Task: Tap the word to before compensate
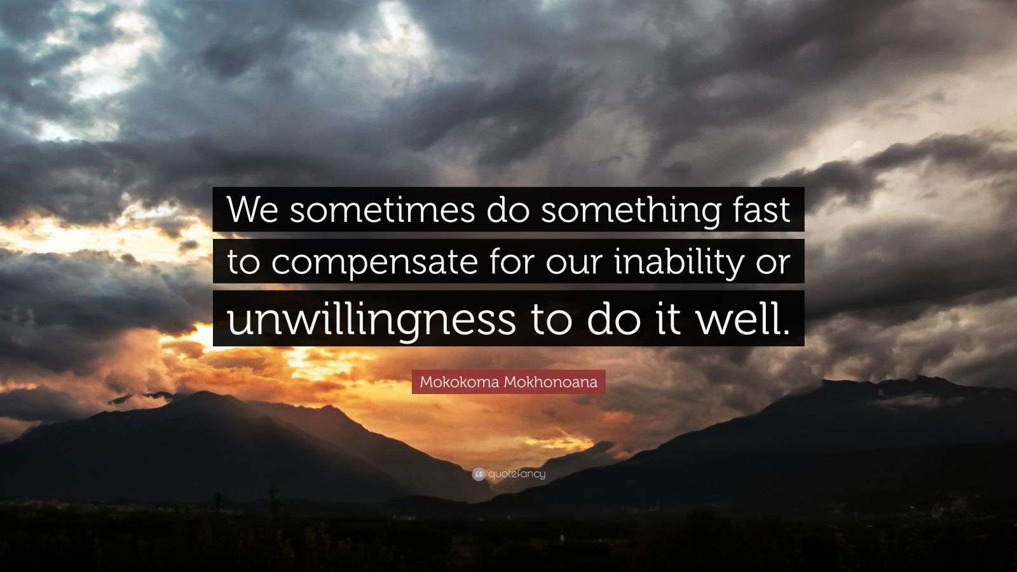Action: point(243,262)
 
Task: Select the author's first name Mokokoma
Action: point(460,382)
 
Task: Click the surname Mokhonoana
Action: point(550,382)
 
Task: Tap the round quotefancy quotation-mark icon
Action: point(479,475)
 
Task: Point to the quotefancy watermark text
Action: point(517,474)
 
